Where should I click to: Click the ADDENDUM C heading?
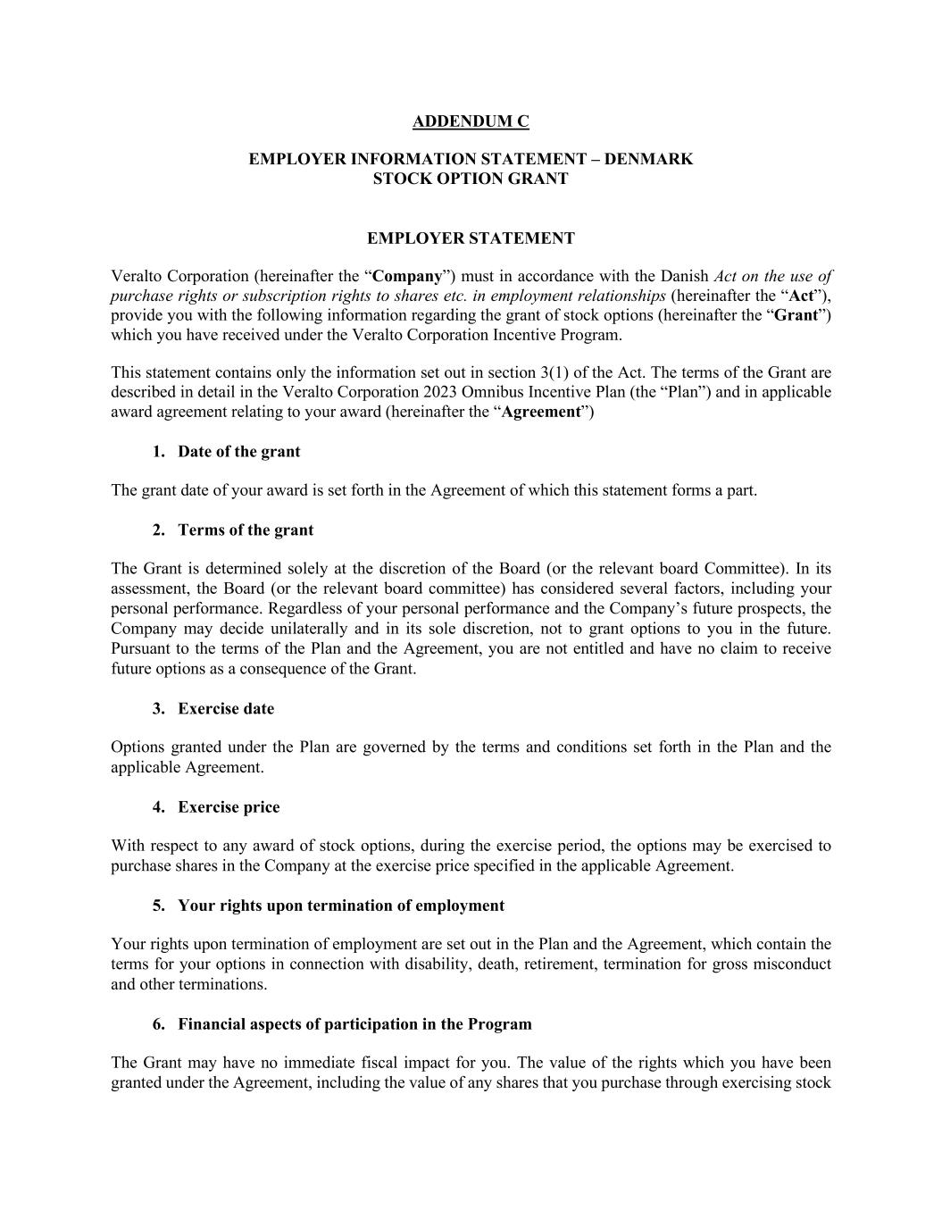(x=471, y=121)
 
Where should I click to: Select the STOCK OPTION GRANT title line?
(x=471, y=179)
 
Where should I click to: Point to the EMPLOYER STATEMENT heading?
(x=471, y=238)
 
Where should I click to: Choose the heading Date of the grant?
(x=238, y=452)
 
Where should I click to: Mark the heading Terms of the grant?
(x=246, y=530)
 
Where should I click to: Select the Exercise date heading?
(x=226, y=709)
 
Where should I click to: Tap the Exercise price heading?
(x=229, y=807)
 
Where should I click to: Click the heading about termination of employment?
(x=340, y=906)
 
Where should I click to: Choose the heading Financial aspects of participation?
(x=354, y=1024)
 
